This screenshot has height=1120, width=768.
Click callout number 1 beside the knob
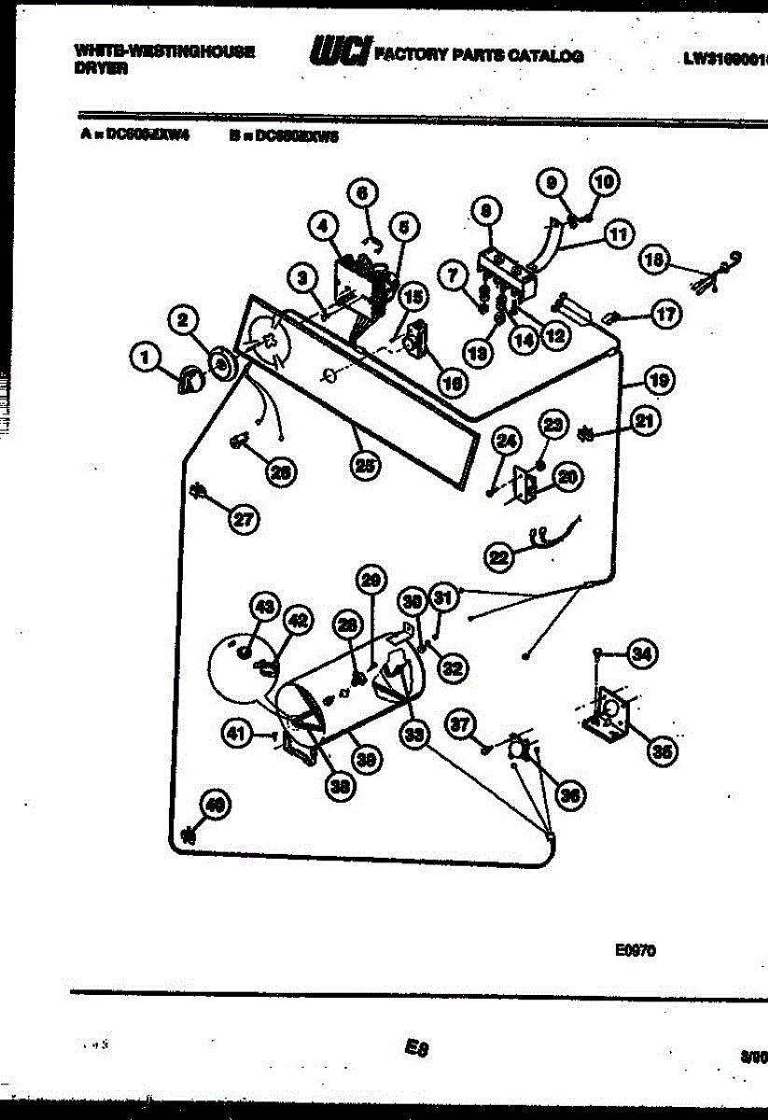(144, 355)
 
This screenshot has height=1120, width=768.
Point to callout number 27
(244, 522)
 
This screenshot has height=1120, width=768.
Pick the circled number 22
(499, 557)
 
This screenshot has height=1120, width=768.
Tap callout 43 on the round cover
(265, 608)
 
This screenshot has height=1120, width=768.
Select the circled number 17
(664, 315)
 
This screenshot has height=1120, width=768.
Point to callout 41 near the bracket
(238, 735)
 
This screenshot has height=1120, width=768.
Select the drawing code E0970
(636, 951)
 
